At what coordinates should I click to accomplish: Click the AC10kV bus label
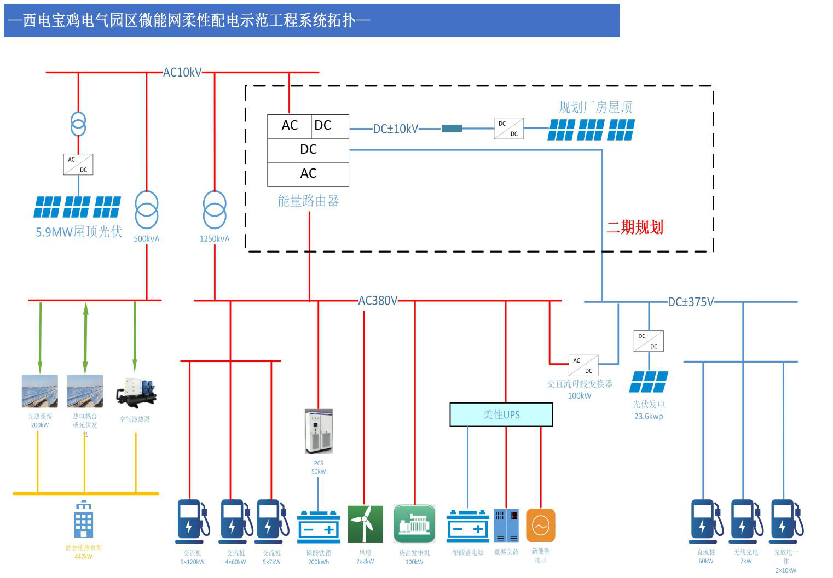point(182,72)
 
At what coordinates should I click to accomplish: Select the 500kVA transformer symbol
point(147,210)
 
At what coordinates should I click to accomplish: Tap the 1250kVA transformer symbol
point(215,210)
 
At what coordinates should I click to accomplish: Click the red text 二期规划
point(635,227)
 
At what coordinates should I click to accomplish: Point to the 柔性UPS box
point(501,414)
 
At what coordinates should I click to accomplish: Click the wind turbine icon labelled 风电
point(365,524)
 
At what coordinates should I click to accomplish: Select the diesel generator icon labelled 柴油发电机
point(414,524)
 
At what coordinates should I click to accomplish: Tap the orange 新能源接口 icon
point(541,526)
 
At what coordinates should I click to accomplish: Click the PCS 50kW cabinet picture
point(319,431)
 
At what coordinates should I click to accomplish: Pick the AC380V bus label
point(378,301)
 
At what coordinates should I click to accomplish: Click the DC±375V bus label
point(691,302)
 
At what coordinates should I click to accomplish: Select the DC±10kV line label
point(395,129)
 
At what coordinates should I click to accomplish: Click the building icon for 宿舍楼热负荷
point(83,519)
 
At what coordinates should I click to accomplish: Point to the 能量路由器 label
point(308,201)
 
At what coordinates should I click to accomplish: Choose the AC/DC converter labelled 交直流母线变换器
point(583,365)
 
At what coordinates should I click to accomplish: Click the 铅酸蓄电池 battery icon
point(468,526)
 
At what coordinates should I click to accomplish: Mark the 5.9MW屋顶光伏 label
point(79,232)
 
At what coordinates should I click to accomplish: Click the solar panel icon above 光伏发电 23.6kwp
point(649,382)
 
